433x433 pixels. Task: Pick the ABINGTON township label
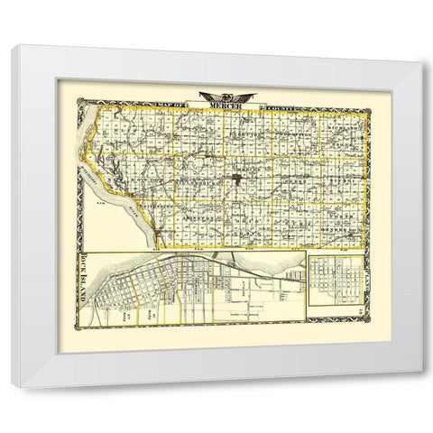tap(206, 219)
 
